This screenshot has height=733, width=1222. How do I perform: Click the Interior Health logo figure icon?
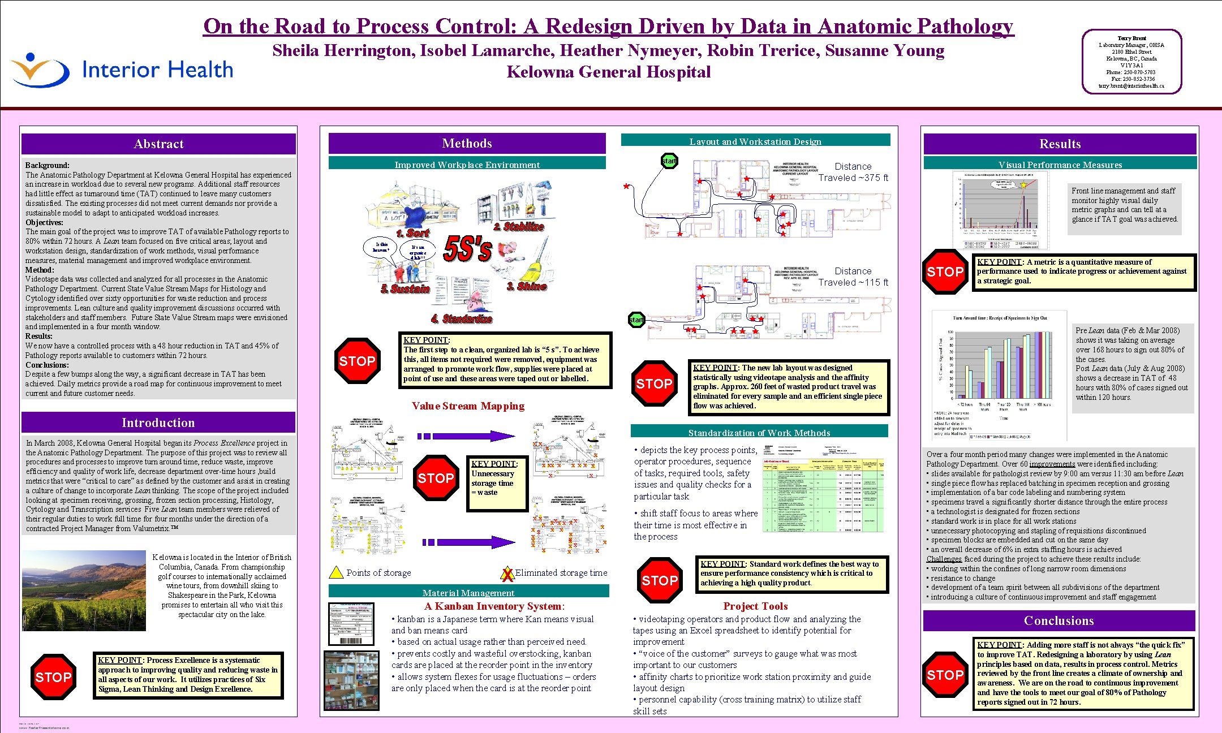pos(38,70)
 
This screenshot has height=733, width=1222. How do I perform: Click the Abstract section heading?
pos(158,144)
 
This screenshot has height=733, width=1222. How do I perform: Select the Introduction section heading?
pos(158,422)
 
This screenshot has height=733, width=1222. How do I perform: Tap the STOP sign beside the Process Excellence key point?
pos(53,676)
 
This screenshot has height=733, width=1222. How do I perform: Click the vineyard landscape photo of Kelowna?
pos(84,590)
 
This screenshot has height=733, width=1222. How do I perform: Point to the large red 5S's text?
pos(467,249)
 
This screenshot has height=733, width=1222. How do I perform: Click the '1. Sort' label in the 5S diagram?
pos(413,233)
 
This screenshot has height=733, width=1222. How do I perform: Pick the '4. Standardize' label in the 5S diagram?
pos(461,319)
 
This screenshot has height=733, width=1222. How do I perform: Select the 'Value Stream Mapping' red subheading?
pos(468,406)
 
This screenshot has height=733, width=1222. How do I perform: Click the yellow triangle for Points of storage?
pos(336,572)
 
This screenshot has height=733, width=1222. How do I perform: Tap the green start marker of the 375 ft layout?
pos(669,161)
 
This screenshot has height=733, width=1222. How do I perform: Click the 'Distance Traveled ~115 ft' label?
pos(853,277)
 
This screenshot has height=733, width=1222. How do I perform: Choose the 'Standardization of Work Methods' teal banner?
pos(759,433)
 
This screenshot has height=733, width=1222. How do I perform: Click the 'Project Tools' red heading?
pos(755,606)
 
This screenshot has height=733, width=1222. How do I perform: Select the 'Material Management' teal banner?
pos(468,593)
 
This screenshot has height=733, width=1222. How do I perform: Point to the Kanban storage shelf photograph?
pos(351,680)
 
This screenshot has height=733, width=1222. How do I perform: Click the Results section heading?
pos(1060,144)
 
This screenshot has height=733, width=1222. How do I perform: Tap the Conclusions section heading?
pos(1059,620)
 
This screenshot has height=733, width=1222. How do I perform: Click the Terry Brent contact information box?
pos(1131,62)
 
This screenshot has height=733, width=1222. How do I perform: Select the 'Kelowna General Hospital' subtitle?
pos(608,72)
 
